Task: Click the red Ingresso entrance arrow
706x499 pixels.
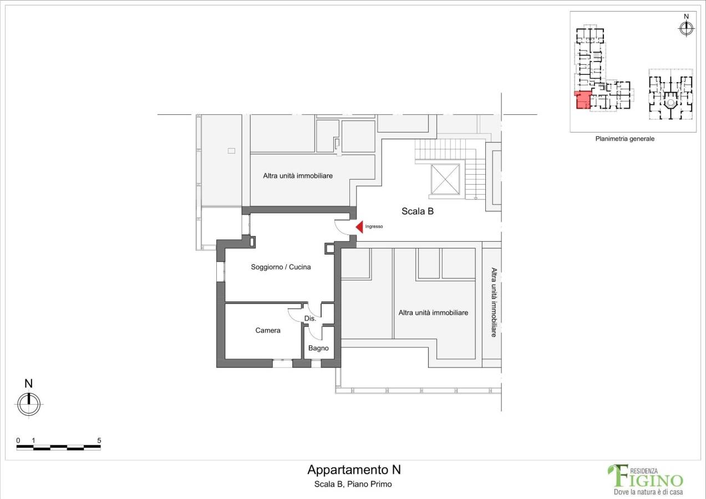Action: pos(359,227)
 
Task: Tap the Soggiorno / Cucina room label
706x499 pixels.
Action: pos(281,267)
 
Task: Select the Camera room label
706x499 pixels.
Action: pos(267,330)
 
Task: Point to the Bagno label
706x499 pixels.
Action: pos(318,348)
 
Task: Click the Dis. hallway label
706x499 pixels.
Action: pos(310,318)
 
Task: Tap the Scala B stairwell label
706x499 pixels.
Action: pos(417,211)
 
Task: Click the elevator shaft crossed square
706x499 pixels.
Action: pos(445,179)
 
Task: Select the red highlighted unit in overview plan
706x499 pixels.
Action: pos(582,100)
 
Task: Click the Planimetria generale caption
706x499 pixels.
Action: pos(624,139)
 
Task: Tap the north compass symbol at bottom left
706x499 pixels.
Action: pos(29,404)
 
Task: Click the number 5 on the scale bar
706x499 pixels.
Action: pos(99,440)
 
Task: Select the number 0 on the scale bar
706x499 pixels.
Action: pos(18,440)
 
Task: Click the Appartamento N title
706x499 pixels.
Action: pos(354,470)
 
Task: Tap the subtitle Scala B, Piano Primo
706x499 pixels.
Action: pos(353,484)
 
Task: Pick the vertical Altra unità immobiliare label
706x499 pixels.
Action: pos(494,302)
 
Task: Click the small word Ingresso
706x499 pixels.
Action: pos(374,227)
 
